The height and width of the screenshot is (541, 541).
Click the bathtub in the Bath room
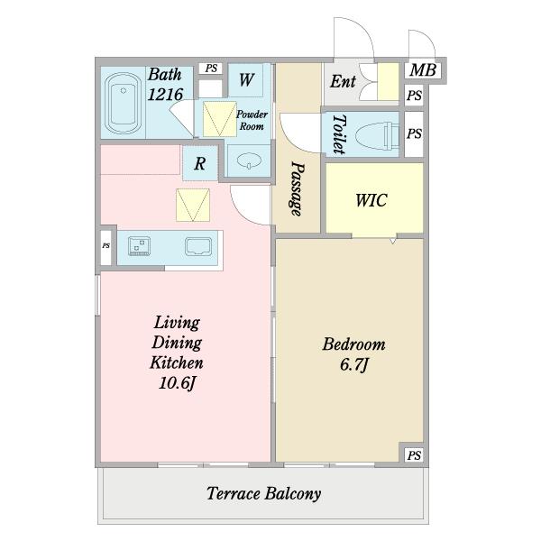pos(123,103)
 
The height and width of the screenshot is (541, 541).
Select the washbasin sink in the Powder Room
pos(249,161)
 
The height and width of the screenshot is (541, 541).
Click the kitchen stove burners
pos(139,246)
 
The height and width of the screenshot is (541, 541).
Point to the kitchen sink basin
pos(198,247)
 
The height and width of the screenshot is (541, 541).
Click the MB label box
pos(423,70)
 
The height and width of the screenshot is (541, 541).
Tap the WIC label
pos(371,200)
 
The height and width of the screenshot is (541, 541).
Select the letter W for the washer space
pos(246,79)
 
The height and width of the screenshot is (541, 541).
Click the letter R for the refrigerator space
pos(200,163)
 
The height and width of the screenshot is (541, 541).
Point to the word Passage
pos(297,188)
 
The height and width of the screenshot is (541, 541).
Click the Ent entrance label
pos(343,81)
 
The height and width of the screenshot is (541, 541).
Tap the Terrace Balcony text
pos(264,494)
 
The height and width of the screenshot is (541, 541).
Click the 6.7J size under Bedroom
pos(354,364)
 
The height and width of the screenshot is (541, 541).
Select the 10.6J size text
pos(177,383)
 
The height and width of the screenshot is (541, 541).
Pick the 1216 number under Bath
pos(165,94)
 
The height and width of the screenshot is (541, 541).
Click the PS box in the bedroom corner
pos(414,455)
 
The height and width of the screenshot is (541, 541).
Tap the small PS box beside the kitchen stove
pos(105,245)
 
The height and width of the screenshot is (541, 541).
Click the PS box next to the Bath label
pos(211,68)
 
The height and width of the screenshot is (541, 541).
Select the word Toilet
pos(340,134)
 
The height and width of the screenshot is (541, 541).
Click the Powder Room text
pos(252,120)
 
